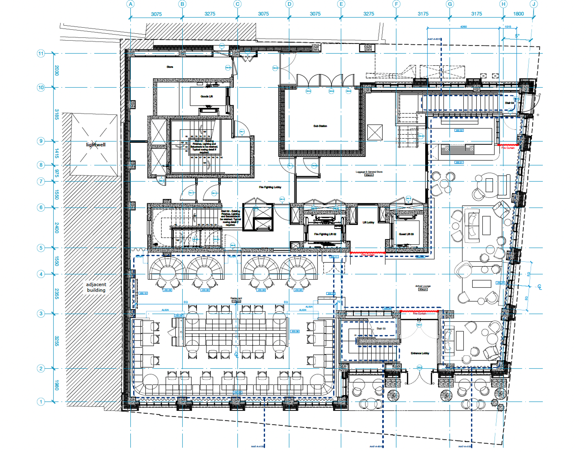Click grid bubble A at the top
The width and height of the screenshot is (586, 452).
(131, 4)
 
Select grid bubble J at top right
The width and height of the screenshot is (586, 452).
(534, 4)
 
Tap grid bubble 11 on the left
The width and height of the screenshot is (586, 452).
(41, 54)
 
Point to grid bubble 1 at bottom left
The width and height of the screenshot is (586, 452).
(41, 402)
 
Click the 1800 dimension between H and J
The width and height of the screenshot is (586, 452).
(518, 14)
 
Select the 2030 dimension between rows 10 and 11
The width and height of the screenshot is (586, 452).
(57, 70)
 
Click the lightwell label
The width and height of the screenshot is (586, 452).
(96, 144)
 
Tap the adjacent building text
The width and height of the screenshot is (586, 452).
(96, 287)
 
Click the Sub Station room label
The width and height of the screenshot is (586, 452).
(320, 126)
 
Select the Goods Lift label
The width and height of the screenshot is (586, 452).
(207, 96)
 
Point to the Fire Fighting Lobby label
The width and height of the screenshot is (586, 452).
(270, 187)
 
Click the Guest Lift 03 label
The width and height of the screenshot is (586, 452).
(406, 234)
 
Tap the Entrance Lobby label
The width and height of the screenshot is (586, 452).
(420, 353)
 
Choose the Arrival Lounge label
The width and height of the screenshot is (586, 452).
(423, 286)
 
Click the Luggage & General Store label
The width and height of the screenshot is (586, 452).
(369, 172)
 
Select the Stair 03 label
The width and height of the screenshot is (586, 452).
(381, 329)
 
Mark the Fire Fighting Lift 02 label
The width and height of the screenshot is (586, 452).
(325, 234)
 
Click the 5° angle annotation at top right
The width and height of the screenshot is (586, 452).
(517, 36)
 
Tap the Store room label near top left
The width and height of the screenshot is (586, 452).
(170, 67)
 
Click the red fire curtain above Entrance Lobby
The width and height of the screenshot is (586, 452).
(419, 311)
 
